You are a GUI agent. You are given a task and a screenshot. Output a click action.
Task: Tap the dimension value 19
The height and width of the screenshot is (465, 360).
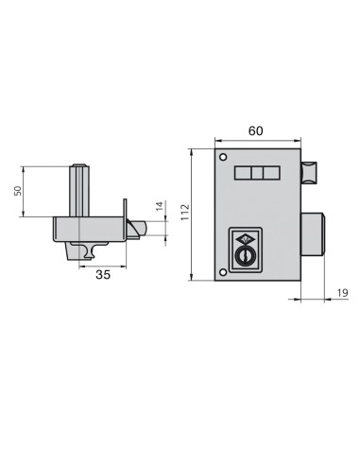click(341, 294)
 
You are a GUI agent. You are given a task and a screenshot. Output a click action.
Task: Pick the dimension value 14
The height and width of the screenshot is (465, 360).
click(159, 207)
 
